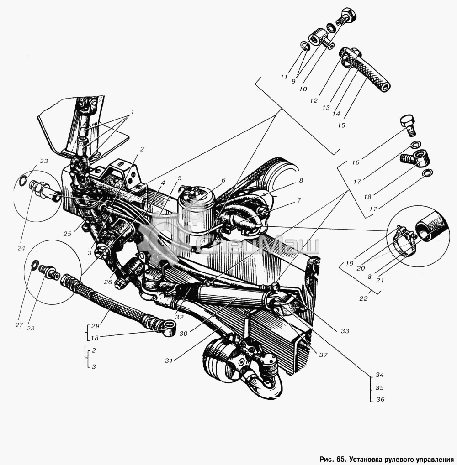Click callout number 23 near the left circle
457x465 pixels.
pyautogui.click(x=44, y=162)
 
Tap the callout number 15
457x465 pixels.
pyautogui.click(x=341, y=125)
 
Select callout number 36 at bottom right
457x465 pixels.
pyautogui.click(x=380, y=399)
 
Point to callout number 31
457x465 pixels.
pyautogui.click(x=169, y=361)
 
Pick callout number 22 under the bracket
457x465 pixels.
pyautogui.click(x=363, y=298)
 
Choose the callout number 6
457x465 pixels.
pyautogui.click(x=223, y=180)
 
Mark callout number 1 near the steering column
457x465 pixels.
pyautogui.click(x=133, y=112)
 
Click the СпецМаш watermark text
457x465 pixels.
pyautogui.click(x=258, y=245)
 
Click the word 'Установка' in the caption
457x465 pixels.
pyautogui.click(x=364, y=460)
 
